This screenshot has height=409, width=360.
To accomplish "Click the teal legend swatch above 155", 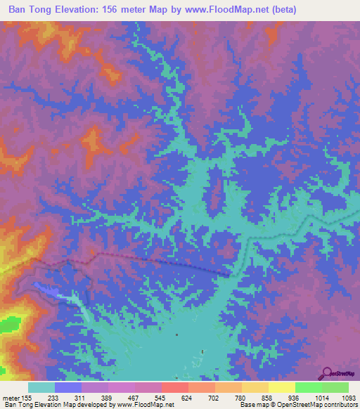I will pos(41,387).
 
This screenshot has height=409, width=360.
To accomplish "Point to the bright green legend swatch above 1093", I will pos(335,387).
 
